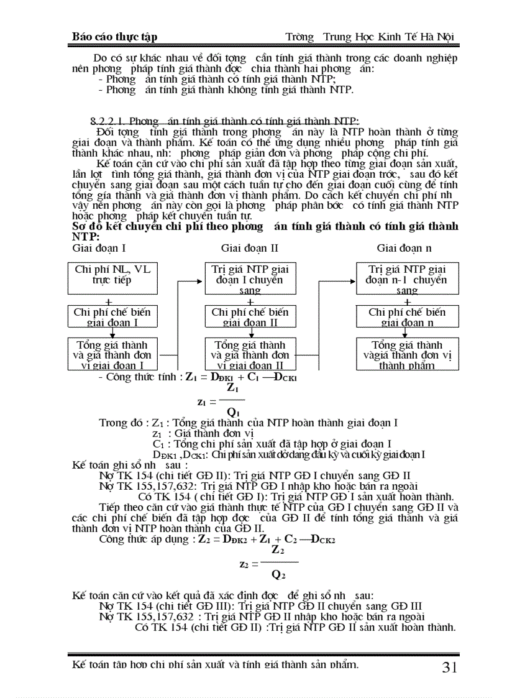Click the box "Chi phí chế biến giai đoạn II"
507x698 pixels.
pyautogui.click(x=250, y=316)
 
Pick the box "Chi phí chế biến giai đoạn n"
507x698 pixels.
pyautogui.click(x=407, y=316)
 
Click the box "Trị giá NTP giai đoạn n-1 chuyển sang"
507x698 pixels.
pyautogui.click(x=407, y=278)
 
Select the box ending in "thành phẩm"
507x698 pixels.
pyautogui.click(x=407, y=354)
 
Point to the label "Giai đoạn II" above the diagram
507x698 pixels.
pyautogui.click(x=250, y=248)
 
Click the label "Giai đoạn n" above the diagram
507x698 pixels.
pyautogui.click(x=404, y=248)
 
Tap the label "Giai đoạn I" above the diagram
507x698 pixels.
pyautogui.click(x=99, y=248)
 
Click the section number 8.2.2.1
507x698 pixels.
pyautogui.click(x=106, y=121)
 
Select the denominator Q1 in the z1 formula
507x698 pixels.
pyautogui.click(x=234, y=412)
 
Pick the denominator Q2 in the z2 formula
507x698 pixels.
pyautogui.click(x=278, y=575)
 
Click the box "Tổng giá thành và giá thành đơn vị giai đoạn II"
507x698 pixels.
pyautogui.click(x=250, y=354)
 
